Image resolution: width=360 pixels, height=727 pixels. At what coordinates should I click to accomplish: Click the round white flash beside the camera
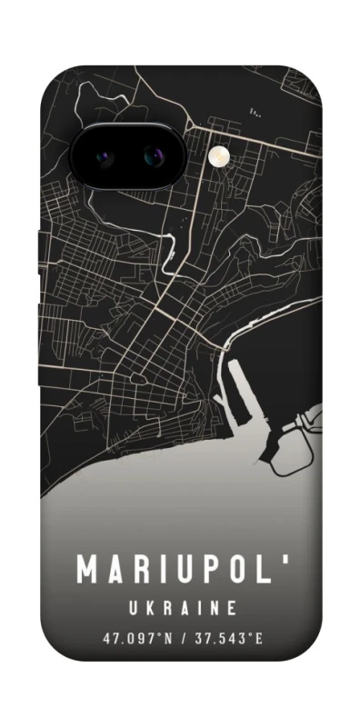click(x=218, y=157)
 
